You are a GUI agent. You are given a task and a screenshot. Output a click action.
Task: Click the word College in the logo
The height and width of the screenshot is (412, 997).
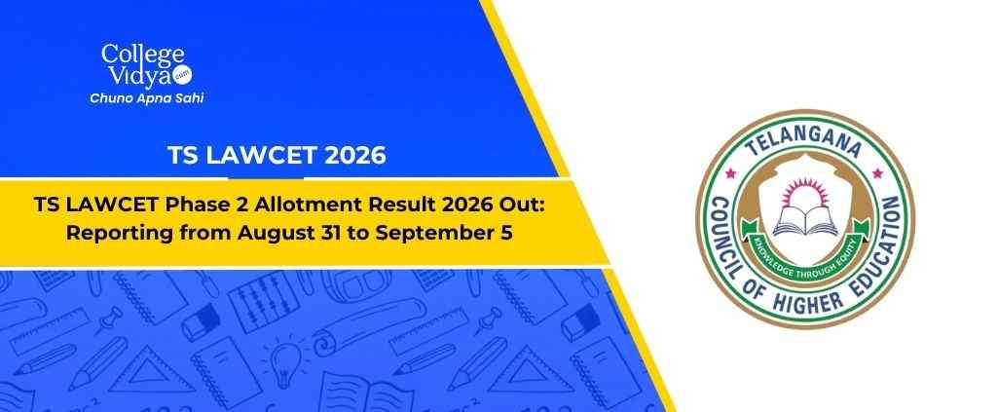point(142,56)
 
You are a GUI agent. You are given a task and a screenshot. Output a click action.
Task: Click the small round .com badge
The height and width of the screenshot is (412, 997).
point(183,75)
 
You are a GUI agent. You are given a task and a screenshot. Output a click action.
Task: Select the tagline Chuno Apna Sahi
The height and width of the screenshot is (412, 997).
point(146,98)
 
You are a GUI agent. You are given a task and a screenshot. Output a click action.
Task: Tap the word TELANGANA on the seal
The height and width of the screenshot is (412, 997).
point(805,140)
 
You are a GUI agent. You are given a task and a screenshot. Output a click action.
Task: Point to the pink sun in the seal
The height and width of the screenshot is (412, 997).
point(805,193)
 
